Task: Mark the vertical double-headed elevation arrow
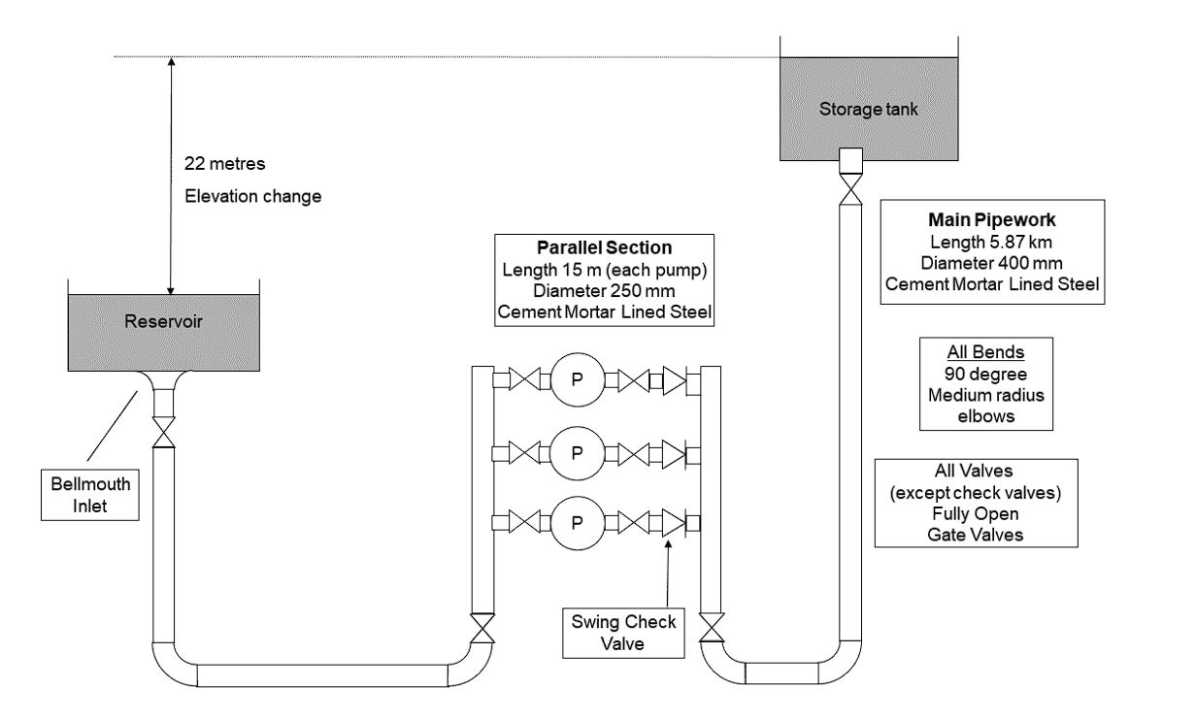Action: coord(171,176)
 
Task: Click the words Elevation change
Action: coord(252,195)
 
